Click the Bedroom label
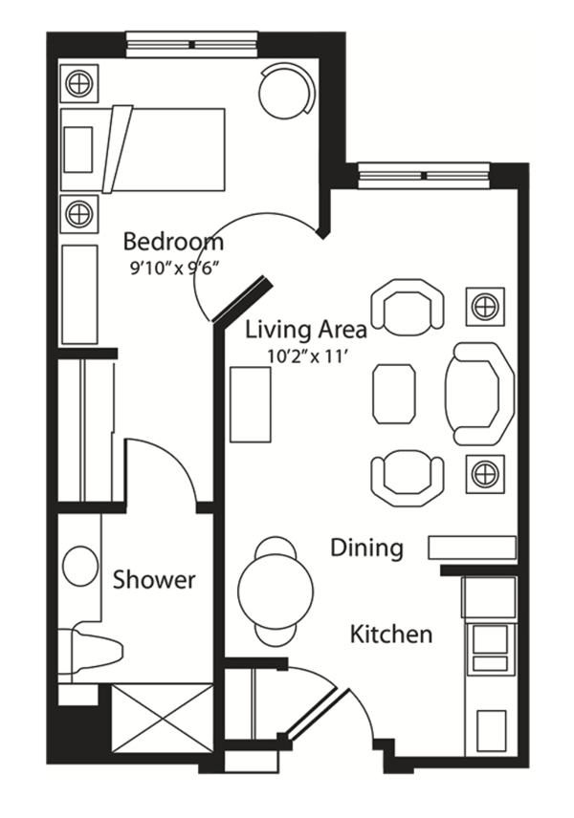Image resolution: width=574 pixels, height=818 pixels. pos(173,242)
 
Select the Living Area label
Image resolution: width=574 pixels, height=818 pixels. pos(306,331)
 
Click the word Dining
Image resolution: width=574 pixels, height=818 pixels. pos(366,549)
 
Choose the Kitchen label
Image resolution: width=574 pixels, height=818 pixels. pos(391,635)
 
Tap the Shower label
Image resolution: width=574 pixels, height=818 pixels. pos(154,580)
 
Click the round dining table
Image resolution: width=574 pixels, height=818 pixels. pos(276,592)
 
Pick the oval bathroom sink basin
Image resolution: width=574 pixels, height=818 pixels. pos(80,565)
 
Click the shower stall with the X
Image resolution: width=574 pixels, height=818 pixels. pos(162,718)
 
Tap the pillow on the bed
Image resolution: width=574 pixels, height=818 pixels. pos(78,150)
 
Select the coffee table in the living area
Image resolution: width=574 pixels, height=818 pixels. pos(394,394)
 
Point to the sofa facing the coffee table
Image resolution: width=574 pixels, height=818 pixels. pos(479,394)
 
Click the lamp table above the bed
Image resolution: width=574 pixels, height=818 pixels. pos(79,83)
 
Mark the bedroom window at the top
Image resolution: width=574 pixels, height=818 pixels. pos(191,44)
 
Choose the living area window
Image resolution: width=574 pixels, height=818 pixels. pos(424,175)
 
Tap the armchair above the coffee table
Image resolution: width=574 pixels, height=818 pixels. pos(408,308)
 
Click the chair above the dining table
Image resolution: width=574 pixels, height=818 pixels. pos(276,549)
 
